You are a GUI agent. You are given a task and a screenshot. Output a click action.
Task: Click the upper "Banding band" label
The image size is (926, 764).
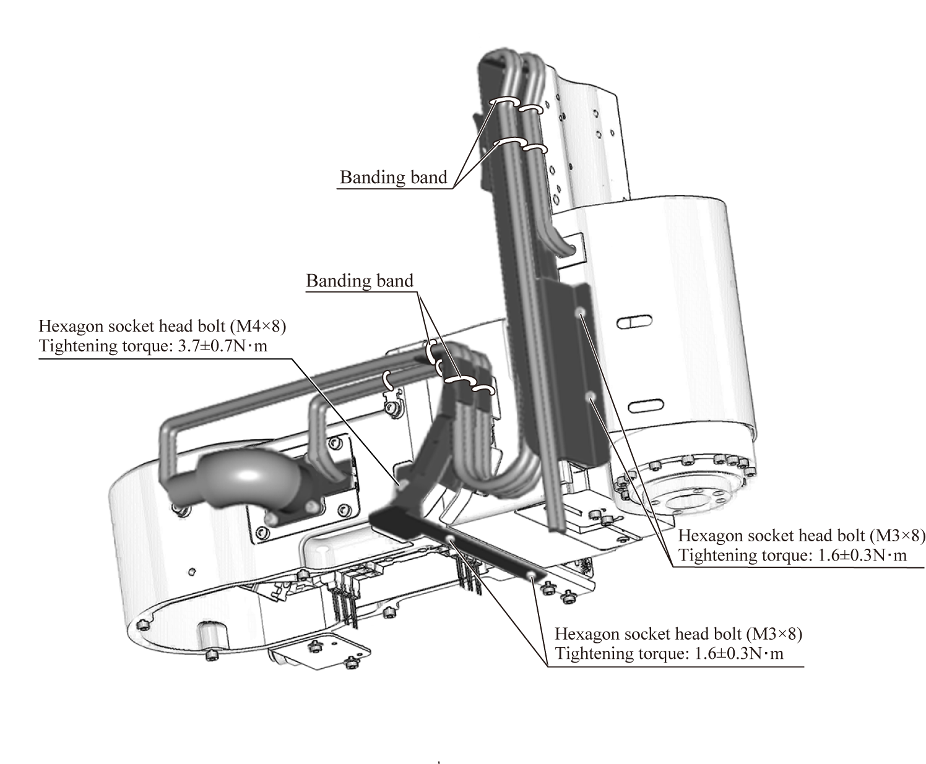tap(393, 178)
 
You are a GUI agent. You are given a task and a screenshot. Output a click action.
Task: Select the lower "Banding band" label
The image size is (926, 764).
tap(360, 281)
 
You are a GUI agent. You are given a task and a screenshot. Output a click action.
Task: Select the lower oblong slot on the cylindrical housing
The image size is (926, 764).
tap(644, 406)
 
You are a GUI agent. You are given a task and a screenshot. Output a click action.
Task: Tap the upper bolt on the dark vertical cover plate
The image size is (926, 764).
tap(581, 313)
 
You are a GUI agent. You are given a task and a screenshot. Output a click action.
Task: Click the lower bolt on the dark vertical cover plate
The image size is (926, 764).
tap(592, 395)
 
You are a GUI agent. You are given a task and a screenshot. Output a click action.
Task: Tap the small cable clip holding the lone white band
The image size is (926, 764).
tap(391, 407)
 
